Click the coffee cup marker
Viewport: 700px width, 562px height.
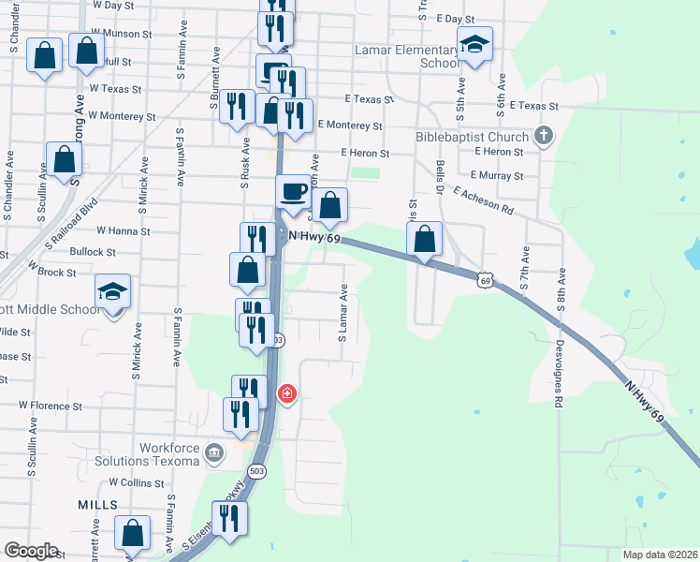tap(294, 191)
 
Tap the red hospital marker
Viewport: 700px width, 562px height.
tap(287, 393)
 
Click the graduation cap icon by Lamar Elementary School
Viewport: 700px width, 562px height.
tap(475, 44)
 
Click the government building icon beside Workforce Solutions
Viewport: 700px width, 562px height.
tap(215, 454)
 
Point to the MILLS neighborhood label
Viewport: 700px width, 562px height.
tap(97, 505)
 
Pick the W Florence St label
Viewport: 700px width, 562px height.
tap(51, 407)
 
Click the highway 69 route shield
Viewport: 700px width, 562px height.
tap(484, 279)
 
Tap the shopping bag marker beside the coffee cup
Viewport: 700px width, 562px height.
tap(329, 206)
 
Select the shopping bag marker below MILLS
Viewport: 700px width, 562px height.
tap(133, 534)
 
